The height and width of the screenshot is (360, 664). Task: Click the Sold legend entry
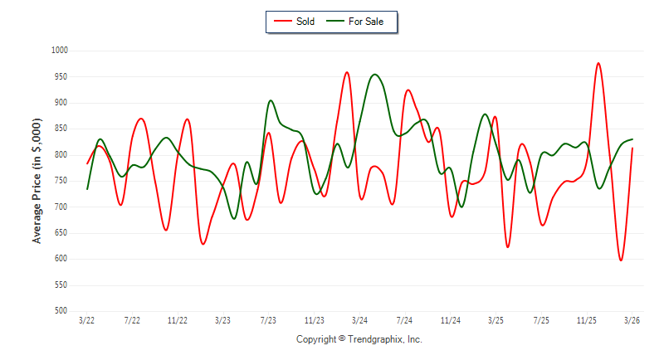pyautogui.click(x=305, y=22)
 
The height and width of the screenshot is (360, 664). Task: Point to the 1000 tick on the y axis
pyautogui.click(x=59, y=51)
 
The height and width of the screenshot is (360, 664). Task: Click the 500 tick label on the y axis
pyautogui.click(x=61, y=311)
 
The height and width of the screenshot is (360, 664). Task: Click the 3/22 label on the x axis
pyautogui.click(x=86, y=320)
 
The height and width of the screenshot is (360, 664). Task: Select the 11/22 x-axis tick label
pyautogui.click(x=178, y=320)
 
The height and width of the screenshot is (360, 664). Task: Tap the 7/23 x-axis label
pyautogui.click(x=268, y=320)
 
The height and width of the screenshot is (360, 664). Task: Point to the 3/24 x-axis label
pyautogui.click(x=359, y=320)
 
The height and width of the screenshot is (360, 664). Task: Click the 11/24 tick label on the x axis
pyautogui.click(x=450, y=320)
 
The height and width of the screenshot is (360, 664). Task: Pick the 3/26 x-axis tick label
pyautogui.click(x=632, y=320)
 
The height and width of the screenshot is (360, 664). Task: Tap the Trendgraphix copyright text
pyautogui.click(x=359, y=340)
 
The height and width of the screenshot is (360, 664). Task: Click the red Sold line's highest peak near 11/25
pyautogui.click(x=598, y=63)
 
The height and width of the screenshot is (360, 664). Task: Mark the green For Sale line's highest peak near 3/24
pyautogui.click(x=375, y=75)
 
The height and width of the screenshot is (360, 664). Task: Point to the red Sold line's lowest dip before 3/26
pyautogui.click(x=620, y=260)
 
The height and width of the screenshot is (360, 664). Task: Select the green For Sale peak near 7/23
pyautogui.click(x=271, y=101)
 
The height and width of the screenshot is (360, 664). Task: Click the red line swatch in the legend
pyautogui.click(x=281, y=22)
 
